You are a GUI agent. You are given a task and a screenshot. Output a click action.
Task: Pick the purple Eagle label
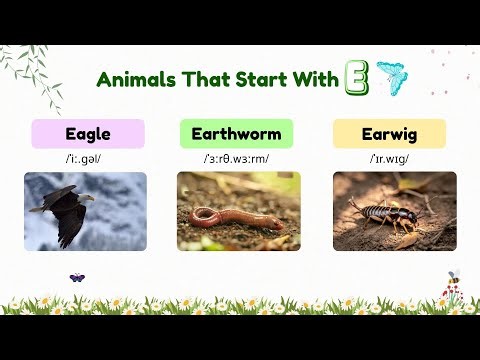click(88, 134)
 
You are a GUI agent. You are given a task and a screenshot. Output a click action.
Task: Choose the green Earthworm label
click(236, 134)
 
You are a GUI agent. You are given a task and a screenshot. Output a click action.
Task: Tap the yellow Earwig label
click(388, 134)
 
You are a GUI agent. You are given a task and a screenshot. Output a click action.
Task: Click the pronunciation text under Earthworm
click(236, 158)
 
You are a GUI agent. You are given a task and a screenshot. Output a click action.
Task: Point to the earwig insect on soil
click(384, 209)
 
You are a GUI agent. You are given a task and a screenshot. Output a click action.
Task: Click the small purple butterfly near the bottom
click(76, 277)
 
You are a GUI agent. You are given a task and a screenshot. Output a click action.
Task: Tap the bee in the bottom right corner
click(453, 276)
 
